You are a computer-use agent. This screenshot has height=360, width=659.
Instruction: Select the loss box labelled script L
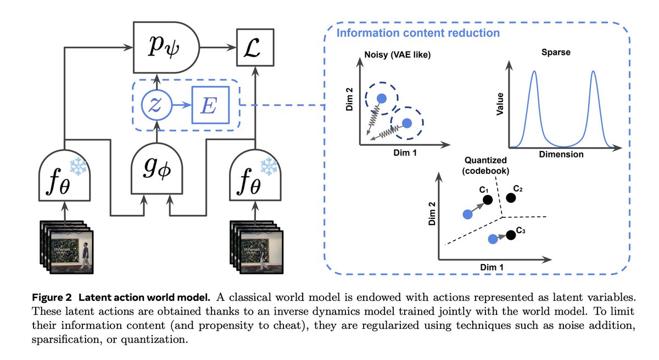[255, 47]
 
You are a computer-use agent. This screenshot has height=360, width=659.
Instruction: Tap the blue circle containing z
[157, 105]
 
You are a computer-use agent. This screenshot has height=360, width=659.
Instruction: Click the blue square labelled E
[211, 105]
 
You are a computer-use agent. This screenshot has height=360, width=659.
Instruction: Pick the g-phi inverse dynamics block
[157, 168]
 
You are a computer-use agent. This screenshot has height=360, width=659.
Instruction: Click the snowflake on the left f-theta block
[78, 166]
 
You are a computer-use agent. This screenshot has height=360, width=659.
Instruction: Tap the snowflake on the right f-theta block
[269, 166]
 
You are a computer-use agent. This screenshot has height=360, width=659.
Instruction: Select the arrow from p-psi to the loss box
[218, 47]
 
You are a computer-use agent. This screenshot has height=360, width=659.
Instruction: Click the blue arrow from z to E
[182, 105]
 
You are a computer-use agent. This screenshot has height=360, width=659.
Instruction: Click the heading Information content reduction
[418, 33]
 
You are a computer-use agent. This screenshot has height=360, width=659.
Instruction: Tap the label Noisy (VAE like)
[397, 55]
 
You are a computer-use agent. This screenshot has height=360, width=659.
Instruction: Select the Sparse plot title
[556, 52]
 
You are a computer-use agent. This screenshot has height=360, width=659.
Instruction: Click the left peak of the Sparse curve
[534, 71]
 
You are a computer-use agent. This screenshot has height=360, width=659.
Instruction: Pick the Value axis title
[500, 104]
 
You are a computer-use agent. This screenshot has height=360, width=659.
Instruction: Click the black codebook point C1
[488, 200]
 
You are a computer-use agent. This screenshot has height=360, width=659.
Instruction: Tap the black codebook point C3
[511, 235]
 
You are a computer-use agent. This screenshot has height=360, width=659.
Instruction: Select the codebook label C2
[518, 188]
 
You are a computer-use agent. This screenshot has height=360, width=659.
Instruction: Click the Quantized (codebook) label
[485, 165]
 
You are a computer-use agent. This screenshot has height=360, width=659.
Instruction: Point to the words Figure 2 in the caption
[52, 297]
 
